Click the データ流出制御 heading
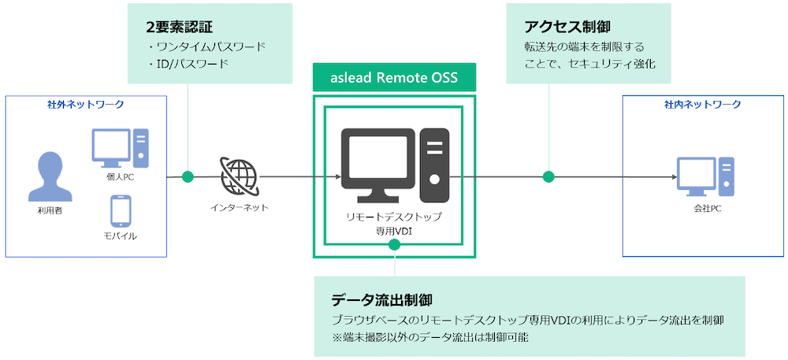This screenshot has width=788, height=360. (x=381, y=300)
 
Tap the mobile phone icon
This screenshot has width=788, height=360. (x=121, y=212)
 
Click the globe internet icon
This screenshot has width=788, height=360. (x=238, y=176)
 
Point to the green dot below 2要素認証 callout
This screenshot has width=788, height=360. (x=188, y=176)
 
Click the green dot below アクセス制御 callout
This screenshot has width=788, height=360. (x=548, y=176)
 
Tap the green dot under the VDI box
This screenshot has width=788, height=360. (x=395, y=245)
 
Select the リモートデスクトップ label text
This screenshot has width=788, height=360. (x=395, y=217)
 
